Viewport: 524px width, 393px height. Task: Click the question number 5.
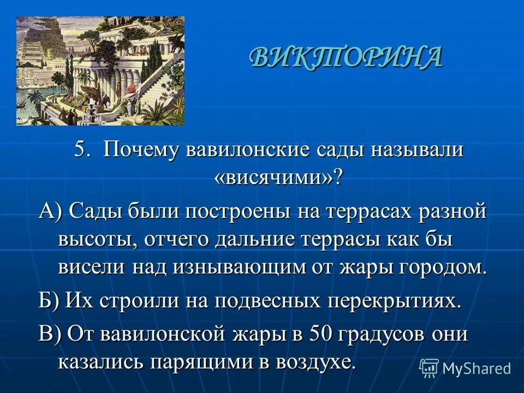tap(81, 150)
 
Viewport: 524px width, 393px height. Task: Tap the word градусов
tap(382, 334)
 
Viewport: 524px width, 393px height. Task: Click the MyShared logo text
tap(477, 368)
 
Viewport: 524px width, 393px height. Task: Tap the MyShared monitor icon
tap(429, 368)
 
